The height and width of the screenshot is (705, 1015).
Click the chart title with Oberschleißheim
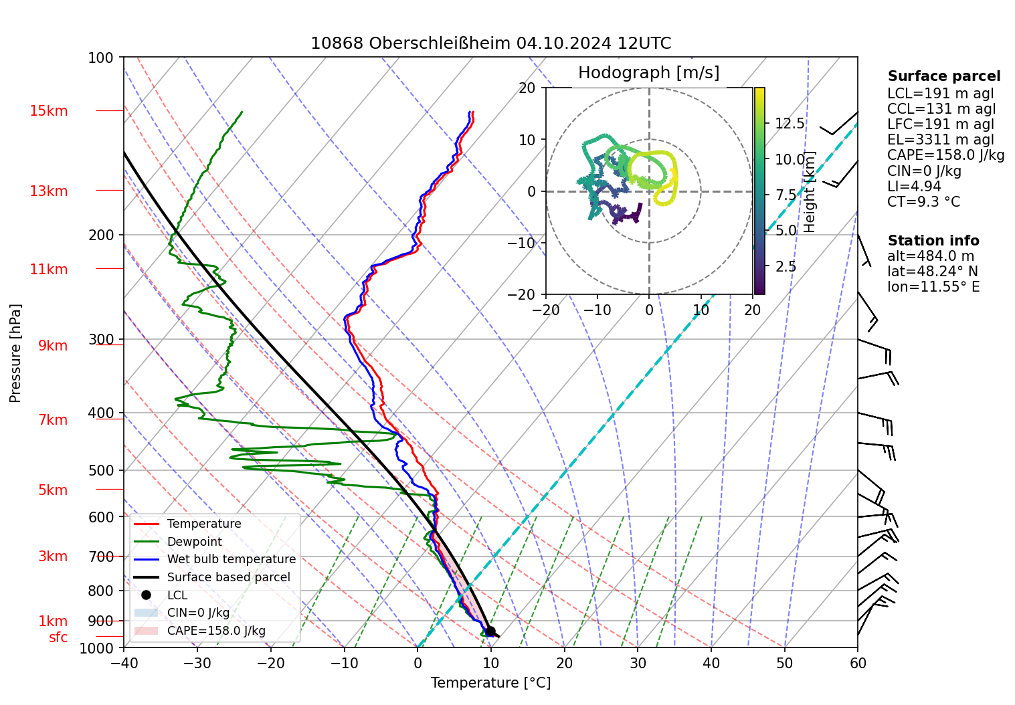click(x=490, y=43)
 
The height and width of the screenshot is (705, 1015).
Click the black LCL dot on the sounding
click(x=490, y=631)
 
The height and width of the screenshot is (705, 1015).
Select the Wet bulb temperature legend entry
click(x=231, y=559)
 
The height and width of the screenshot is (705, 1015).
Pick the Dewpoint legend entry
click(x=194, y=542)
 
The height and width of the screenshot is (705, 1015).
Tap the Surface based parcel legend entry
click(x=228, y=577)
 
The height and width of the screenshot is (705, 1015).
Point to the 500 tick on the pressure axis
click(x=101, y=471)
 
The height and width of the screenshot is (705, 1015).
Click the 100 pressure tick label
click(x=101, y=58)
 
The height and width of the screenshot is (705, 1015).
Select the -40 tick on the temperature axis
click(x=124, y=664)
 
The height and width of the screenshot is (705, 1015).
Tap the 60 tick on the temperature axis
click(x=858, y=664)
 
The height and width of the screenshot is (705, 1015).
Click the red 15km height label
click(x=48, y=111)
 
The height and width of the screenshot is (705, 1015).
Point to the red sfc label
click(x=58, y=638)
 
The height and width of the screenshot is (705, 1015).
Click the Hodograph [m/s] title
click(x=648, y=73)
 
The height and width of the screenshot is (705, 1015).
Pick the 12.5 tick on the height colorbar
click(x=790, y=124)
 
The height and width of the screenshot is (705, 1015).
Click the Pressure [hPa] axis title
click(x=15, y=353)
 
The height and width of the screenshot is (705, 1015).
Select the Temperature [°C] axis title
click(x=490, y=683)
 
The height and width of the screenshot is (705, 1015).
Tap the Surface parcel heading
click(x=943, y=77)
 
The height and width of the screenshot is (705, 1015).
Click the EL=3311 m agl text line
click(x=940, y=140)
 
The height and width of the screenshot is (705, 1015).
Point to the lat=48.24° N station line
click(x=932, y=272)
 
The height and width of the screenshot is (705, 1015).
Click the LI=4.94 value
click(x=914, y=187)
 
